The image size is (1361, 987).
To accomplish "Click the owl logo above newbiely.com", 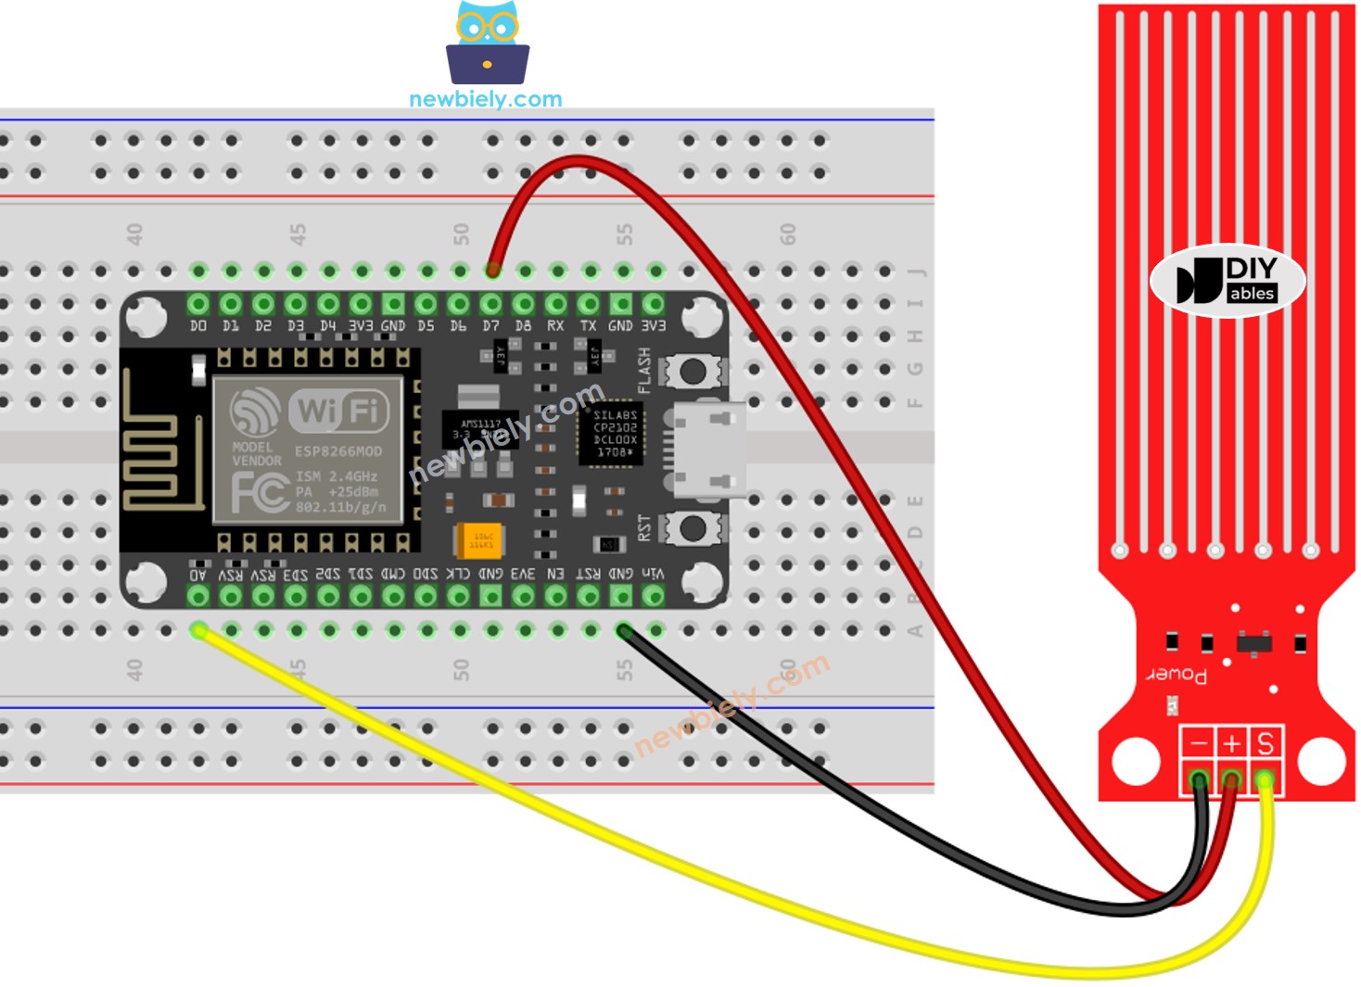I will [487, 44].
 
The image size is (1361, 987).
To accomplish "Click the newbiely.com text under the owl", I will [485, 99].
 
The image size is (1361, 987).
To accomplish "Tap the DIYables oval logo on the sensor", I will [1227, 281].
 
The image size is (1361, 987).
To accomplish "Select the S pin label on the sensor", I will [1265, 743].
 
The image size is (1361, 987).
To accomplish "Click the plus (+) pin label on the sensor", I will [1231, 743].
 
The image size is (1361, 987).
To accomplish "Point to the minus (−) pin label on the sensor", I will [1199, 743].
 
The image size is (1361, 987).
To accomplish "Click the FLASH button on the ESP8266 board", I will [692, 371].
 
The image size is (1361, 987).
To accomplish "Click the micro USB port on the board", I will [709, 449].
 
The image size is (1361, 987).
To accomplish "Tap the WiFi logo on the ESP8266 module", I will [338, 410].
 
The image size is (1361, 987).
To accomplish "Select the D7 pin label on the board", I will [490, 326].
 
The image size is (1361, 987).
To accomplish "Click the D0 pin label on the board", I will [198, 326].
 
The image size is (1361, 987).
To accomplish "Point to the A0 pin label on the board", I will [198, 575].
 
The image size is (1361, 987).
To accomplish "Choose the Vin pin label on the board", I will [653, 575].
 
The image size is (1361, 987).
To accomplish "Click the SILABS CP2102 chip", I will [615, 434].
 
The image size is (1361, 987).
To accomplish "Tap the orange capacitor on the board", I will [479, 539].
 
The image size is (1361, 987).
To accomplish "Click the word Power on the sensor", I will [1177, 674].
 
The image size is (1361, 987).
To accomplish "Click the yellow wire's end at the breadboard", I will [198, 631].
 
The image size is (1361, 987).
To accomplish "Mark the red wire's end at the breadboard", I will [492, 271].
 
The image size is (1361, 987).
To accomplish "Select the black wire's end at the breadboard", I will [624, 631].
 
